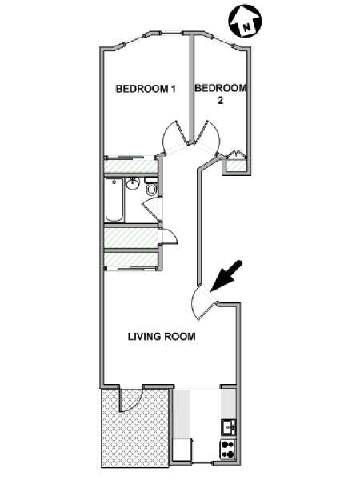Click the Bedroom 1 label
pos(146,89)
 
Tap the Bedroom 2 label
pos(221,94)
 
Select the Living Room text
pos(162,337)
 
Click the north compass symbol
pos(246,21)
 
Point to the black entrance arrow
pos(226,276)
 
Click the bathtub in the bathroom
pos(114,200)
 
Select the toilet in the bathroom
pos(150,186)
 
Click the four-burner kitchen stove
pos(228,449)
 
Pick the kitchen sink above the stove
pos(228,427)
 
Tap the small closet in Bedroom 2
pos(236,164)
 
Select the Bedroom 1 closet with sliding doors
pos(130,166)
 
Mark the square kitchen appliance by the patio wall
pos(182,449)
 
